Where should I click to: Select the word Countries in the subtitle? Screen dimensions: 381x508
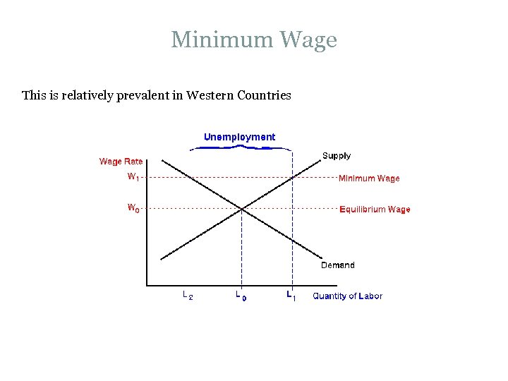click(265, 95)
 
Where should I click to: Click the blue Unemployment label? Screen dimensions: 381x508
click(239, 137)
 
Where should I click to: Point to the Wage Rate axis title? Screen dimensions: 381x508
click(121, 162)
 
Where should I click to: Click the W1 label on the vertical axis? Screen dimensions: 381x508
click(133, 177)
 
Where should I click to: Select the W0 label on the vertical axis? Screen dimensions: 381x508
click(133, 208)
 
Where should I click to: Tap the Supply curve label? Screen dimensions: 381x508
click(336, 156)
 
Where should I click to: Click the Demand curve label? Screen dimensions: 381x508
click(337, 265)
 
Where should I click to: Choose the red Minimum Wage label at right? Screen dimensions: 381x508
click(369, 179)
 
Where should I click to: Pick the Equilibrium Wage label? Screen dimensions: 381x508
click(375, 210)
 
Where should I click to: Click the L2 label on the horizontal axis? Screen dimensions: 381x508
click(187, 296)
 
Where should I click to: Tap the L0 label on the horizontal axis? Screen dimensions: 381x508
click(241, 296)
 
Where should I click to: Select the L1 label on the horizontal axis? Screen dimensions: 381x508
click(291, 296)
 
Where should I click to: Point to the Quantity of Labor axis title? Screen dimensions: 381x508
click(347, 296)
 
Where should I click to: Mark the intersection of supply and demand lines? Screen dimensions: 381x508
click(242, 208)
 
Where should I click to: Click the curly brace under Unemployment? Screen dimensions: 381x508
click(241, 147)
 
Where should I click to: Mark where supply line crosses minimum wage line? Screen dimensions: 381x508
click(291, 177)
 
